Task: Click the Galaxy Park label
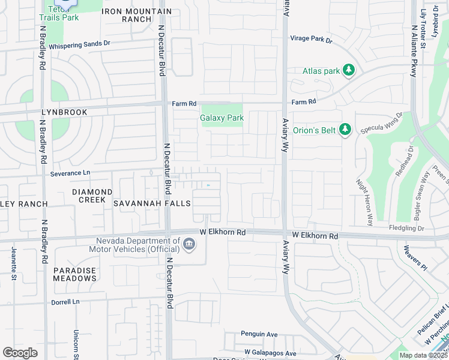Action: (221, 118)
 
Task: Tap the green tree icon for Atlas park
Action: (348, 71)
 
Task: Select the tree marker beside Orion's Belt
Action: (345, 130)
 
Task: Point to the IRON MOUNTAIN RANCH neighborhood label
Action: (136, 15)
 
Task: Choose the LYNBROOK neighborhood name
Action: (64, 112)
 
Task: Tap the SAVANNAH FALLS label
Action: (152, 203)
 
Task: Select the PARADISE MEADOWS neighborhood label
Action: (74, 274)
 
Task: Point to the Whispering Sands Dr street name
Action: (80, 44)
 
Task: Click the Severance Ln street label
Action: (70, 173)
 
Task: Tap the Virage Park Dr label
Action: (311, 38)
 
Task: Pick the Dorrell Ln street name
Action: (65, 302)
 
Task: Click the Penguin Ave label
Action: (259, 334)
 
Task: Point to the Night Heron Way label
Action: (364, 202)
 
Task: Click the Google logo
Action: (20, 353)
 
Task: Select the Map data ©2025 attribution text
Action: (423, 355)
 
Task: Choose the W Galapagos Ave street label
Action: (270, 353)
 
